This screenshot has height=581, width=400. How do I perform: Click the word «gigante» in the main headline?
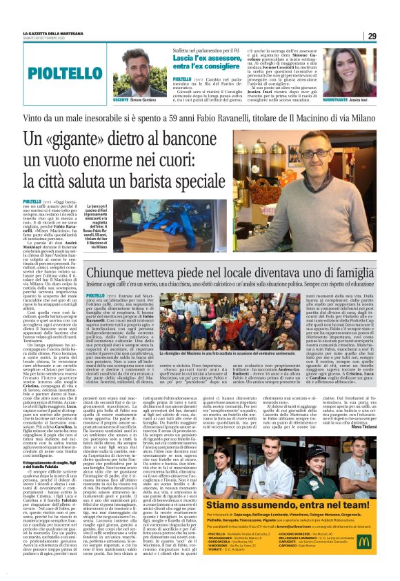99,141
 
